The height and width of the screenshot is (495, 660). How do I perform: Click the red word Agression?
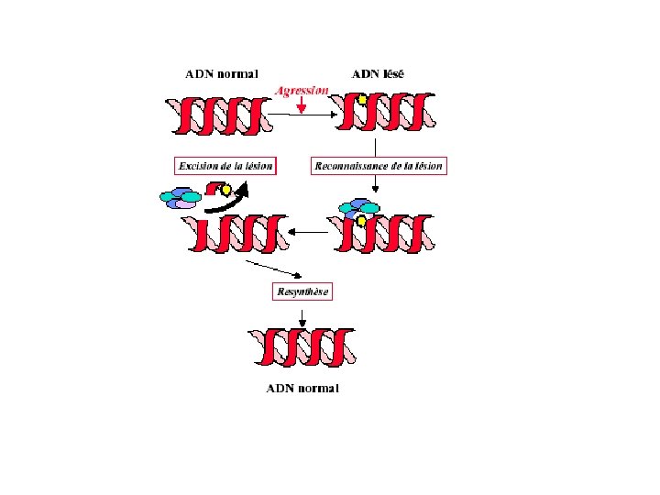[302, 91]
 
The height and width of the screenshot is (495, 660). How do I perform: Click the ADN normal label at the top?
[222, 73]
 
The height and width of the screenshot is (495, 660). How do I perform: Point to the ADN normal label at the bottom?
[302, 388]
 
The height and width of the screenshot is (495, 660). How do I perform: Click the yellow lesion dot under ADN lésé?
[363, 100]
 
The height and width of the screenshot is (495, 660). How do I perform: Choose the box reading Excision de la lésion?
[225, 166]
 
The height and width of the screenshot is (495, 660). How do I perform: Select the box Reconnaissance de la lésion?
[379, 166]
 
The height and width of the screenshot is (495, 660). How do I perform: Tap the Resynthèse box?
[302, 291]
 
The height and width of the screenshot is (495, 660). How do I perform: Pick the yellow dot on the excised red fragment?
[226, 191]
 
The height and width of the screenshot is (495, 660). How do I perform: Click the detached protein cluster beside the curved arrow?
[181, 197]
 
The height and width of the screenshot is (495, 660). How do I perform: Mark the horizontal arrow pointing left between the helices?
[307, 233]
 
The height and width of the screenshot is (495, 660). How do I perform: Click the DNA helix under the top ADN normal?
[220, 114]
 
